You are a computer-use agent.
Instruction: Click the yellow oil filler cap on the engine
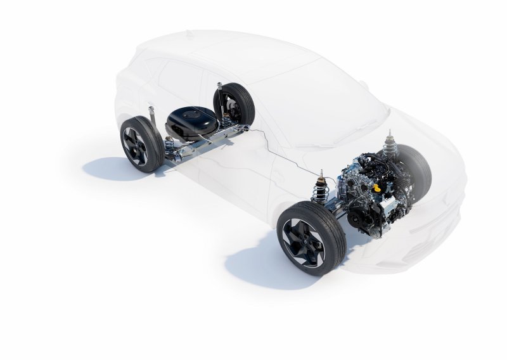[378, 188]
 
